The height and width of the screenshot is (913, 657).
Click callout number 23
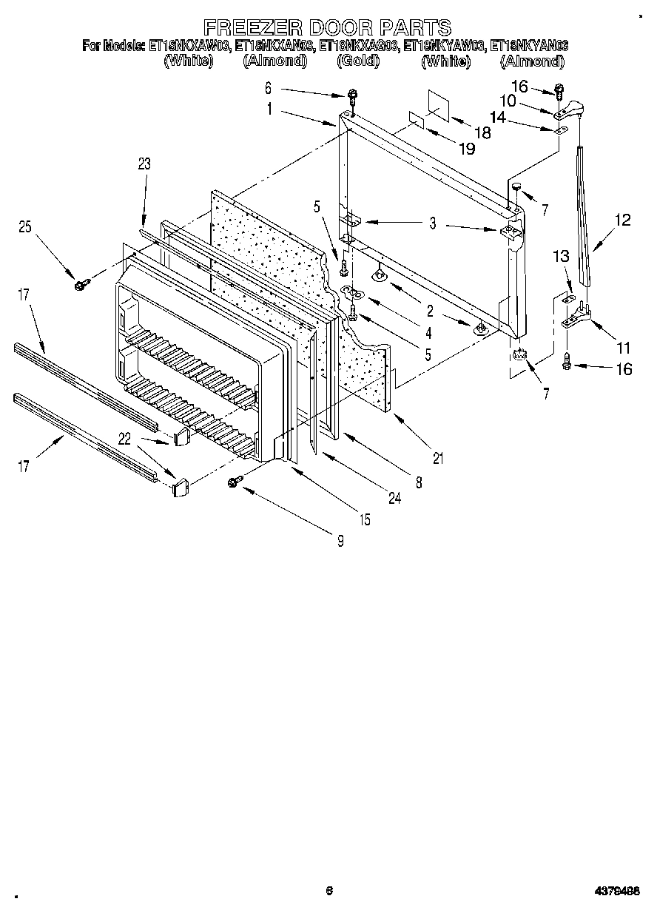(x=144, y=164)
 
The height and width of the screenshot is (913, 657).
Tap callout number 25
(x=26, y=229)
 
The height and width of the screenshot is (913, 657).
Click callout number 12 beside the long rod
(x=623, y=220)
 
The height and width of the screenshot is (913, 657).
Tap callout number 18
(x=482, y=133)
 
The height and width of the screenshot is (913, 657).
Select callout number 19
(x=466, y=148)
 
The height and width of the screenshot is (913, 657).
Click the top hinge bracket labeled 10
(x=570, y=112)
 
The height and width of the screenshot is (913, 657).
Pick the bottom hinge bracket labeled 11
(x=576, y=320)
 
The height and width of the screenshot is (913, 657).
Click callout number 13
(x=562, y=257)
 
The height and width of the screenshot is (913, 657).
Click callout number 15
(x=365, y=520)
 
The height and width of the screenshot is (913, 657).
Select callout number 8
(x=418, y=482)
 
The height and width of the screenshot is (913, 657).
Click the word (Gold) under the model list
(x=358, y=61)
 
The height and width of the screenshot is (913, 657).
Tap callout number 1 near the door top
(x=270, y=108)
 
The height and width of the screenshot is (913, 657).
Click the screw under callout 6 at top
(x=354, y=97)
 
